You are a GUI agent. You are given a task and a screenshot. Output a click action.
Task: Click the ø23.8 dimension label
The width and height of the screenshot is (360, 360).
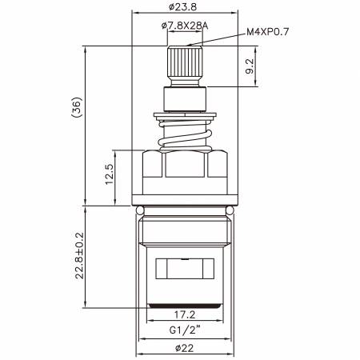(x=183, y=7)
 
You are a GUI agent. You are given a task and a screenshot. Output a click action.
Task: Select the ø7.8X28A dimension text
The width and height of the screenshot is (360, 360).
(x=183, y=26)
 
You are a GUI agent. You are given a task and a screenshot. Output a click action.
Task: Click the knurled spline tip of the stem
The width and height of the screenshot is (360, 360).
(x=183, y=61)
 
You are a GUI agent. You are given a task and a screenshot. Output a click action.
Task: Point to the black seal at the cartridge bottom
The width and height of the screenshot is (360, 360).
(x=183, y=306)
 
